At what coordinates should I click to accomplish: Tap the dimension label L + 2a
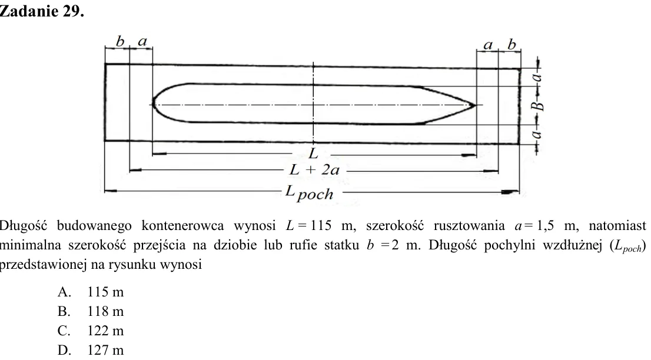(314, 169)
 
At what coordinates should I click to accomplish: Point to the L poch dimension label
(309, 193)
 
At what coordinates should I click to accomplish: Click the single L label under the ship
(314, 154)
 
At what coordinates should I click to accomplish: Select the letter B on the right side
(537, 106)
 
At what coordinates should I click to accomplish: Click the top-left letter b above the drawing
(120, 42)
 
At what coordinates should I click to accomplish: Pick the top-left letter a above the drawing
(142, 42)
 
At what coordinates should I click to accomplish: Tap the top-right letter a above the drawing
(489, 45)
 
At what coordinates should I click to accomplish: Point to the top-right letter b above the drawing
(512, 44)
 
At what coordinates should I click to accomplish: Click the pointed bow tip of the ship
(475, 105)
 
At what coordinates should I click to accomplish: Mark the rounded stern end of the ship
(153, 103)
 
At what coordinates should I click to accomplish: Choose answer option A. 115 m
(91, 292)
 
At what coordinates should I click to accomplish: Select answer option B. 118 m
(91, 311)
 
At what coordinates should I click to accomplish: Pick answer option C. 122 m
(91, 331)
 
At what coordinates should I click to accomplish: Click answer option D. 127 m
(91, 350)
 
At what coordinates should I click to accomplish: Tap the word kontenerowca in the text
(182, 226)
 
